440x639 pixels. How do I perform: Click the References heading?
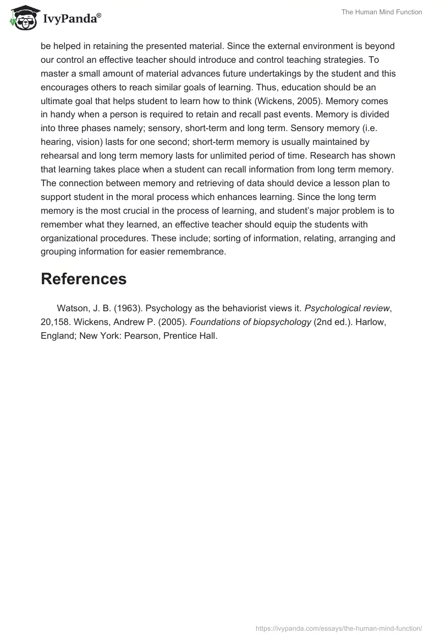pyautogui.click(x=84, y=279)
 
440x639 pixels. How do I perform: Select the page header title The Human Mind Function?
pyautogui.click(x=382, y=12)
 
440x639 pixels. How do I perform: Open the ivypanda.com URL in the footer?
pyautogui.click(x=339, y=628)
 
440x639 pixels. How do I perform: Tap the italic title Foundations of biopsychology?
pyautogui.click(x=250, y=322)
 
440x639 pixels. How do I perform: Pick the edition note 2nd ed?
pyautogui.click(x=332, y=322)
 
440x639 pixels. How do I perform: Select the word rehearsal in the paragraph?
pyautogui.click(x=61, y=156)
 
